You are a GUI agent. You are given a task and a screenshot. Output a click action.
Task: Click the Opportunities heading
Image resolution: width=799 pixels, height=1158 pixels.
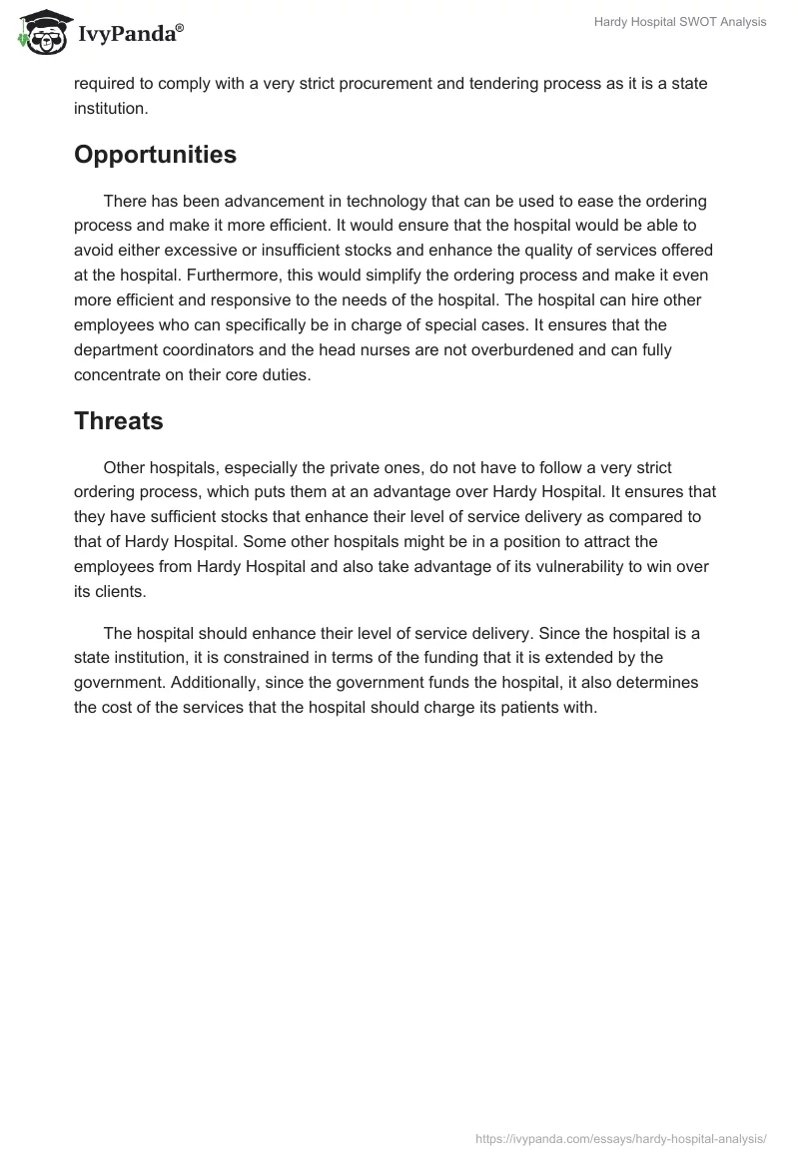click(155, 155)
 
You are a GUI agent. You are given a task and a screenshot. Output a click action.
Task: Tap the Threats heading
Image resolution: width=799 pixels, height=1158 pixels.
click(118, 421)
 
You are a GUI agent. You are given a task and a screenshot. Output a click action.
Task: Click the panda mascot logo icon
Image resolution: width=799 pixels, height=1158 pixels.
click(39, 33)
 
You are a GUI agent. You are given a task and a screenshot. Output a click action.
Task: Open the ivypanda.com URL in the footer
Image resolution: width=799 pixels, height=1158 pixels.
click(622, 1137)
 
